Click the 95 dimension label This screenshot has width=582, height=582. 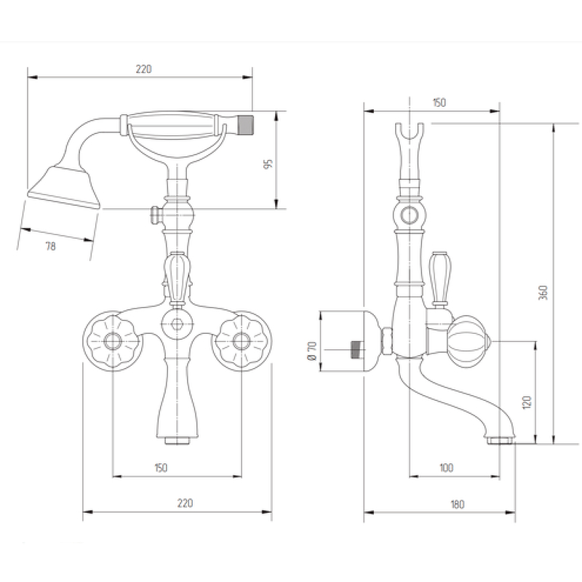[x=268, y=164]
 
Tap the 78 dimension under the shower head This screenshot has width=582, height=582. [x=50, y=246]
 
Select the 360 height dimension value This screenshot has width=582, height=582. [x=543, y=292]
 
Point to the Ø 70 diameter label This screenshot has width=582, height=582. [x=312, y=351]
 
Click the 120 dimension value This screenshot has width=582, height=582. [x=527, y=402]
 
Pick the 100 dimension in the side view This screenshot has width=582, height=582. [x=446, y=467]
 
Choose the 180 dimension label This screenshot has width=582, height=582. [x=458, y=504]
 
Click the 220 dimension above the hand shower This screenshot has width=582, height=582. [x=143, y=69]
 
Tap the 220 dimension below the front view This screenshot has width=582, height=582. [x=185, y=503]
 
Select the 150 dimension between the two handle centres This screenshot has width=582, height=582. [x=161, y=467]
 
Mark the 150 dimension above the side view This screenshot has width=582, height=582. [x=439, y=103]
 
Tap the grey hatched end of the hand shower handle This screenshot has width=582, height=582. [x=245, y=124]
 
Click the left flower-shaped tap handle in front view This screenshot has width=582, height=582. [x=113, y=341]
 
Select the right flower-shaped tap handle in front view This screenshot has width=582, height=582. [x=242, y=341]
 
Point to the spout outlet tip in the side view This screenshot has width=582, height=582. [x=500, y=441]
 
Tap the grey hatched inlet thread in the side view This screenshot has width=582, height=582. [x=356, y=349]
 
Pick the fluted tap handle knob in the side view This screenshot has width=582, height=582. [x=468, y=341]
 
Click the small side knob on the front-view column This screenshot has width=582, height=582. [x=155, y=215]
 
